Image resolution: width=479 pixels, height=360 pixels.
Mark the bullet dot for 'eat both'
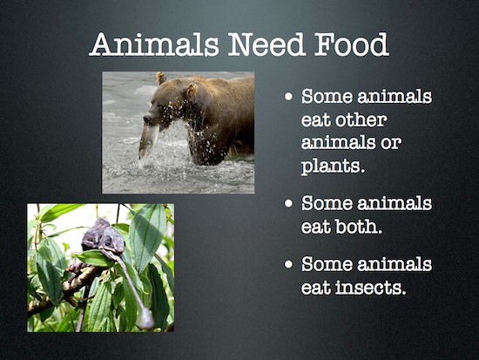coord(288,203)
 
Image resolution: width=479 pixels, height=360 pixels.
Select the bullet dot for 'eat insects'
coord(288,263)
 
